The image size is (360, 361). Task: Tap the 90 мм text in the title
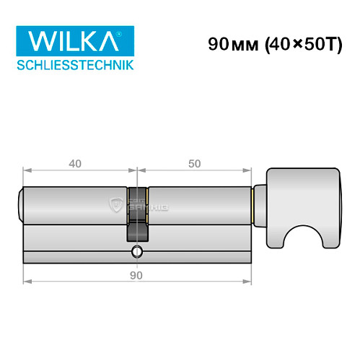(225, 44)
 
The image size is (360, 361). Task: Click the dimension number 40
(74, 164)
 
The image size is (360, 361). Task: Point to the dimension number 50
(193, 164)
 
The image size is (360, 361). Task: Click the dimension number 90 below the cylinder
(137, 275)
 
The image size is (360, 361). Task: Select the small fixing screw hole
(136, 252)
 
